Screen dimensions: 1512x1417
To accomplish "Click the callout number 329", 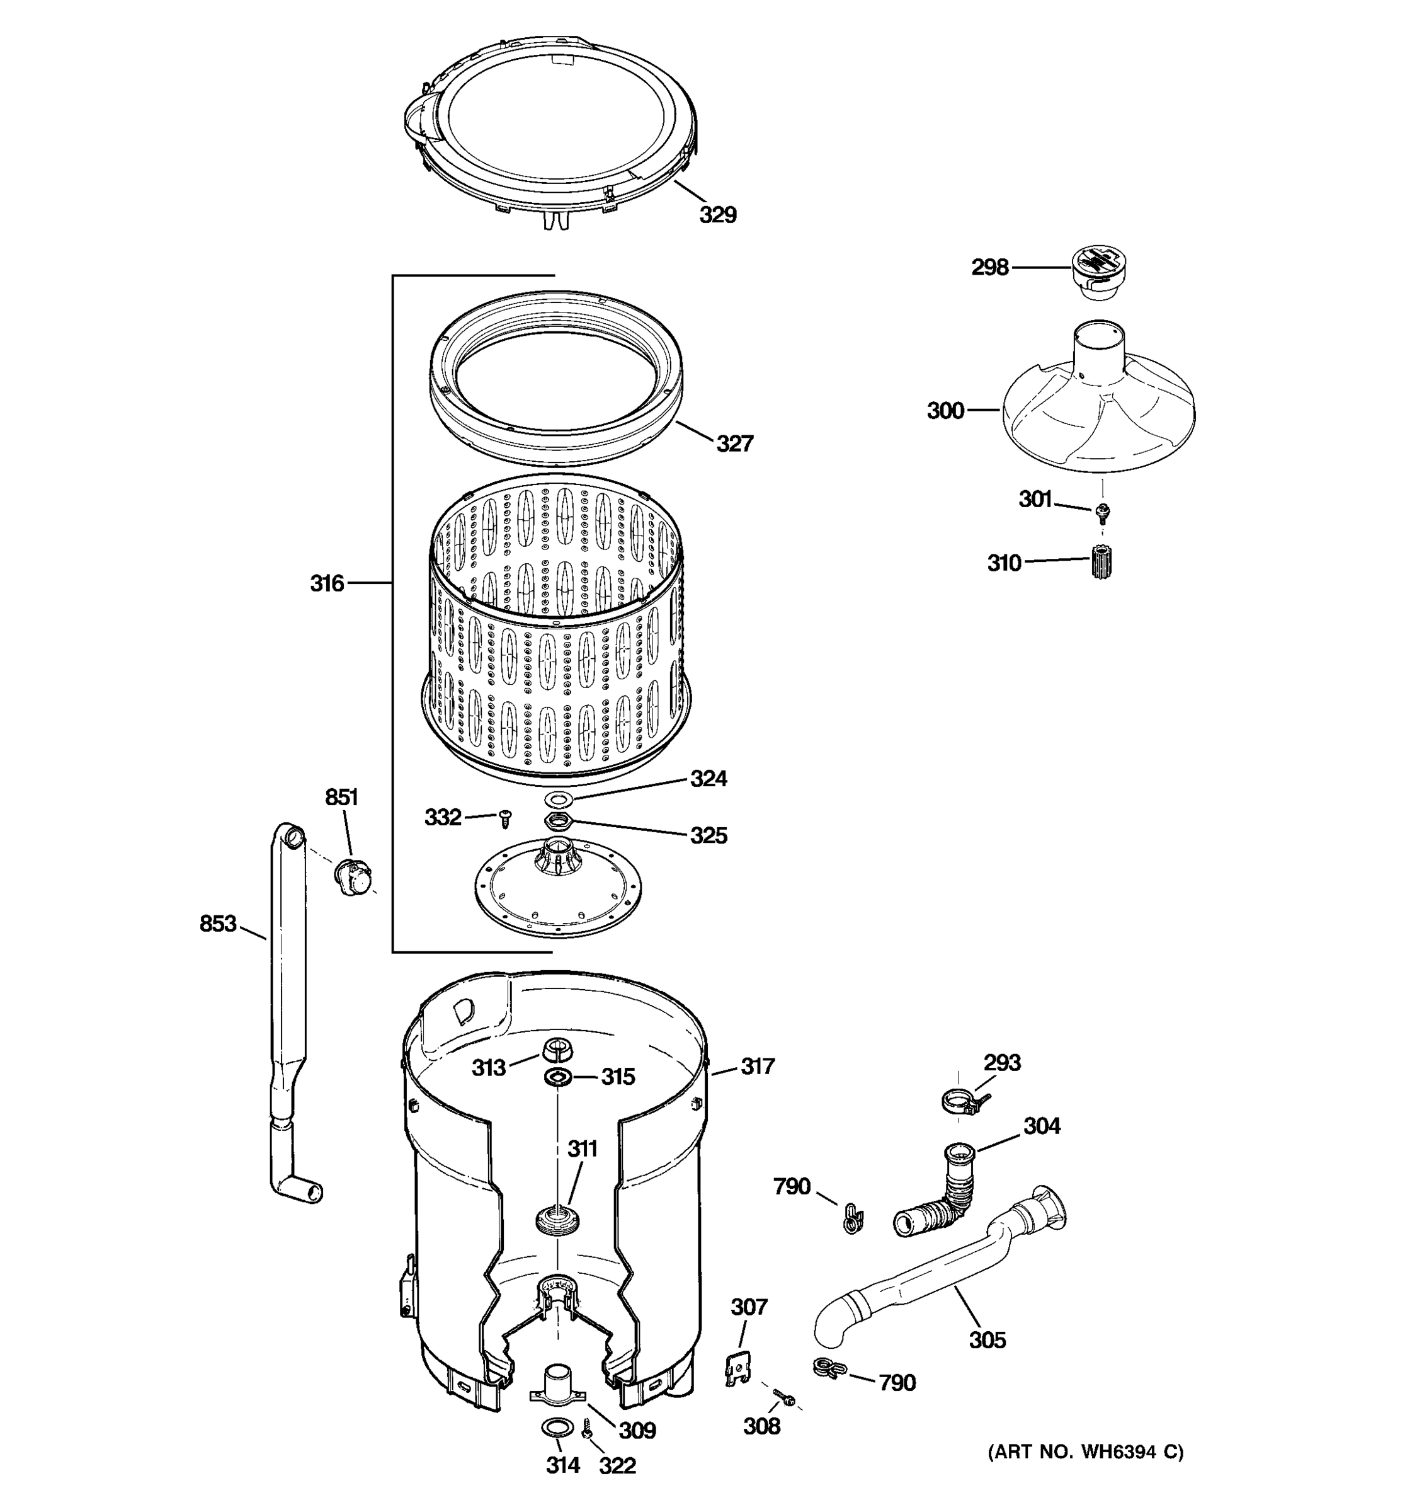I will click(717, 215).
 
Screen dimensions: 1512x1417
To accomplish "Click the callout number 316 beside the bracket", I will click(327, 583).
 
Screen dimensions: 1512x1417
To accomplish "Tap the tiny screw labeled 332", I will click(503, 819).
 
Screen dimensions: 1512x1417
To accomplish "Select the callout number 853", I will click(218, 924).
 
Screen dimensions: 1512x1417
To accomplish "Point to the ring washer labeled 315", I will click(558, 1077).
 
